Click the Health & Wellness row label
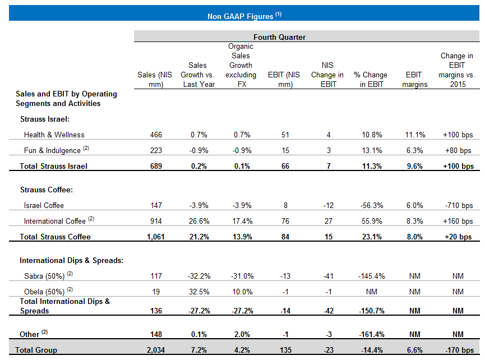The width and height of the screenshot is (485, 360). click(54, 135)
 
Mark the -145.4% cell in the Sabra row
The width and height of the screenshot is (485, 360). click(370, 276)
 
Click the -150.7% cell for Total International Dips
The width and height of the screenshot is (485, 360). click(370, 311)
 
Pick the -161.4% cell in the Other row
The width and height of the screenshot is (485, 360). click(370, 335)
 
